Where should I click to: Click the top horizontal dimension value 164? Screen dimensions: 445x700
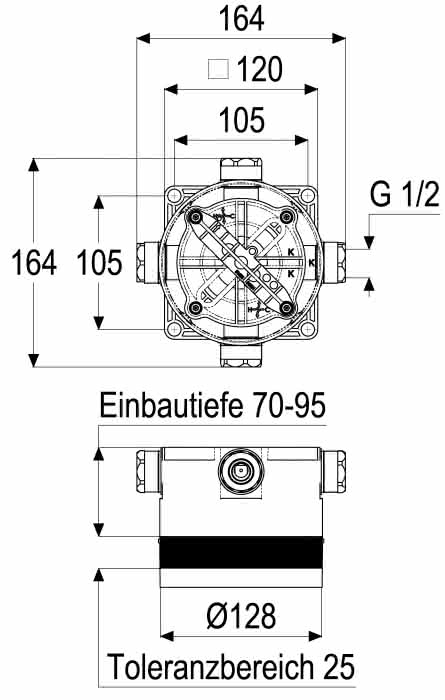[241, 19]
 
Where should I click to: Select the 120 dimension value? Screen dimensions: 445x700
[260, 69]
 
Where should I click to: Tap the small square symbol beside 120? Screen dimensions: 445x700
[218, 69]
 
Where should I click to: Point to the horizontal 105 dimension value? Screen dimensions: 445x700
[242, 120]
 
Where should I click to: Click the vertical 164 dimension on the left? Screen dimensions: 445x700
[34, 262]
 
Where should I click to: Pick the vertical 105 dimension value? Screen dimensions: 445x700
[100, 262]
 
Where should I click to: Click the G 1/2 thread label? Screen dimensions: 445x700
[405, 195]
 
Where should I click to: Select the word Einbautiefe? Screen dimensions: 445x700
[171, 405]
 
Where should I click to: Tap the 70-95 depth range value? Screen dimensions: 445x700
[290, 405]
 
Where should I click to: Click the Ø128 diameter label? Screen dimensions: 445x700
[241, 616]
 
